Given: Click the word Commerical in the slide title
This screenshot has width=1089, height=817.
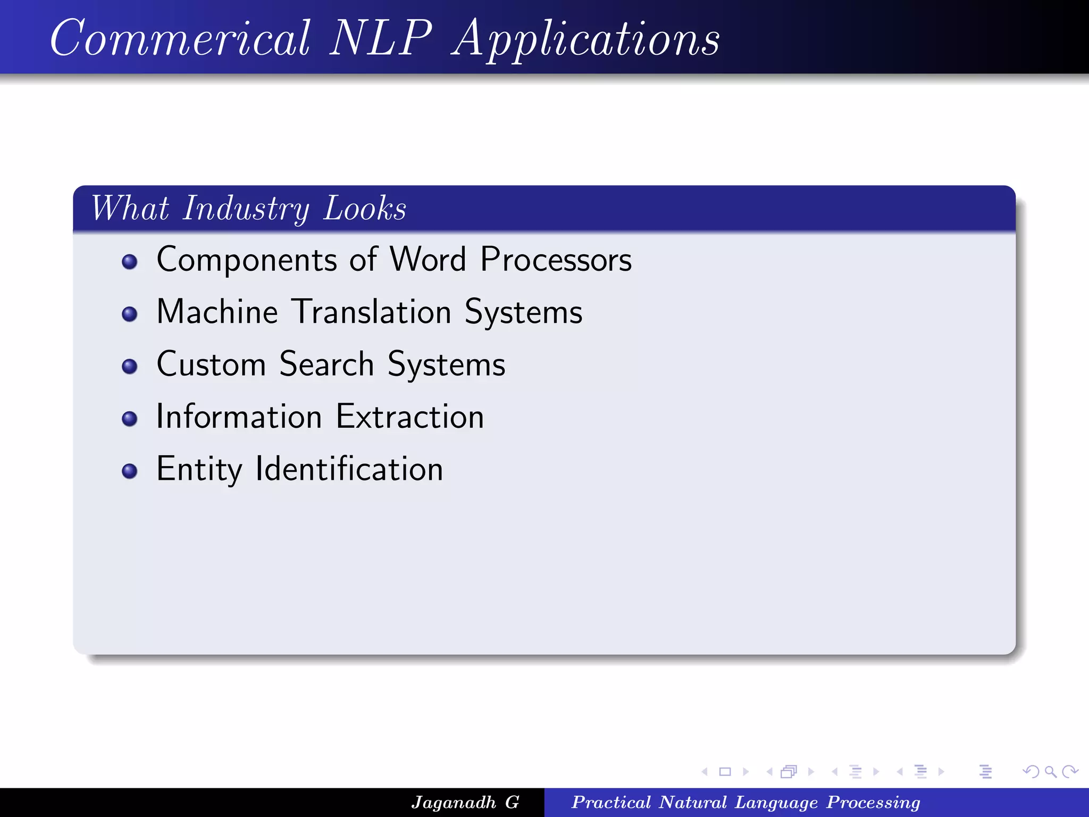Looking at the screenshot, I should (x=180, y=38).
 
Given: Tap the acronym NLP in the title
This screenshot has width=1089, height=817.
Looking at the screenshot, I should (x=380, y=38).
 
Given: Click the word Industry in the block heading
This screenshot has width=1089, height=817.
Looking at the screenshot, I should (x=246, y=209).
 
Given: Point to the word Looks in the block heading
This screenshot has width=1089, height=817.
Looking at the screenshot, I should (x=365, y=209).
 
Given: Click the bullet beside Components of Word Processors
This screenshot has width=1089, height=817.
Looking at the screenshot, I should (x=129, y=262).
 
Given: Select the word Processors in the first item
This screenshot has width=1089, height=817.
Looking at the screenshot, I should (x=556, y=260).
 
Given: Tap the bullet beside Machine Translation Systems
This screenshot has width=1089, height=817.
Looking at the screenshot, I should (x=129, y=314).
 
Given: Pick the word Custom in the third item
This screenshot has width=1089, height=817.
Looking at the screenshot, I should (x=211, y=364).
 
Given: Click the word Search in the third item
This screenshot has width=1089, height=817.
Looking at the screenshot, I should (x=326, y=364).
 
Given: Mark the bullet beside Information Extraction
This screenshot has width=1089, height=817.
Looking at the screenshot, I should (x=129, y=419).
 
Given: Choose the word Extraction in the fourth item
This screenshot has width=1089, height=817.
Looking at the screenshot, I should (x=410, y=416).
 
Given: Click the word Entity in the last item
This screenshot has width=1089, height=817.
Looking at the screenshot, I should (x=199, y=470).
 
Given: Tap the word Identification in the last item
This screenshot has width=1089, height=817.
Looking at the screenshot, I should (x=349, y=469).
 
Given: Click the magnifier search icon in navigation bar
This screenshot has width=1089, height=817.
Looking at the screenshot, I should (x=1050, y=772).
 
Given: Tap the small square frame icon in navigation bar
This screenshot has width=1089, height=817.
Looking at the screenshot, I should (x=725, y=772).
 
